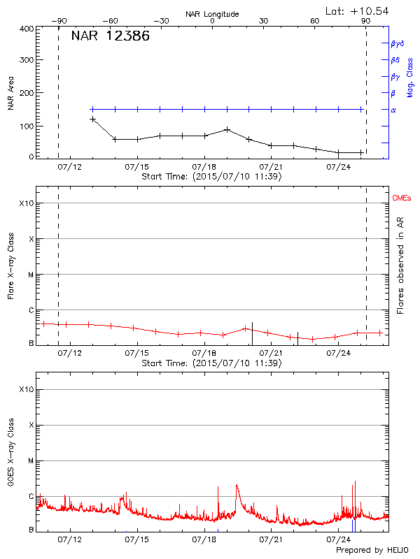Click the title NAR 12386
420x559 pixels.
(x=111, y=36)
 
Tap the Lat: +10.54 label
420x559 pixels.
(x=358, y=10)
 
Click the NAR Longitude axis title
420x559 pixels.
(x=212, y=13)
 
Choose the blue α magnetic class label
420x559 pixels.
(x=393, y=110)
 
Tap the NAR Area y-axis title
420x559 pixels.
(x=11, y=94)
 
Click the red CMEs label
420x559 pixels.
(x=402, y=198)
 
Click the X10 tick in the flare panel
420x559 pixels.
(x=26, y=203)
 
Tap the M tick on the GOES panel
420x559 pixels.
(x=30, y=461)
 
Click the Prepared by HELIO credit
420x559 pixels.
(x=371, y=551)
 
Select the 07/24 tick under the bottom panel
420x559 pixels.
(x=338, y=539)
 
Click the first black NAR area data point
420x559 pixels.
(x=92, y=119)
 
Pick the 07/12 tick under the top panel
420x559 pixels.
(x=70, y=167)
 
